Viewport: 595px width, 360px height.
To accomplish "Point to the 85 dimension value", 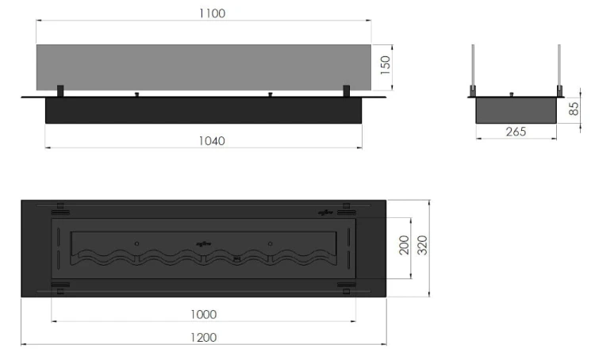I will point(574,109).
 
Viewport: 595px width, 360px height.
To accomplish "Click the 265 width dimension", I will point(515,132).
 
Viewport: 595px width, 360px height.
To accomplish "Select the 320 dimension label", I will point(424,246).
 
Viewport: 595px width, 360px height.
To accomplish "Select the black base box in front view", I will point(202,111).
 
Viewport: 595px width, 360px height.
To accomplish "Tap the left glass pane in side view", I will point(474,67).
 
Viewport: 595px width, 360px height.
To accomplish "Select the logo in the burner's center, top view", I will point(202,243).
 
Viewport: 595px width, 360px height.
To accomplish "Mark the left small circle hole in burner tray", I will point(136,243).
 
